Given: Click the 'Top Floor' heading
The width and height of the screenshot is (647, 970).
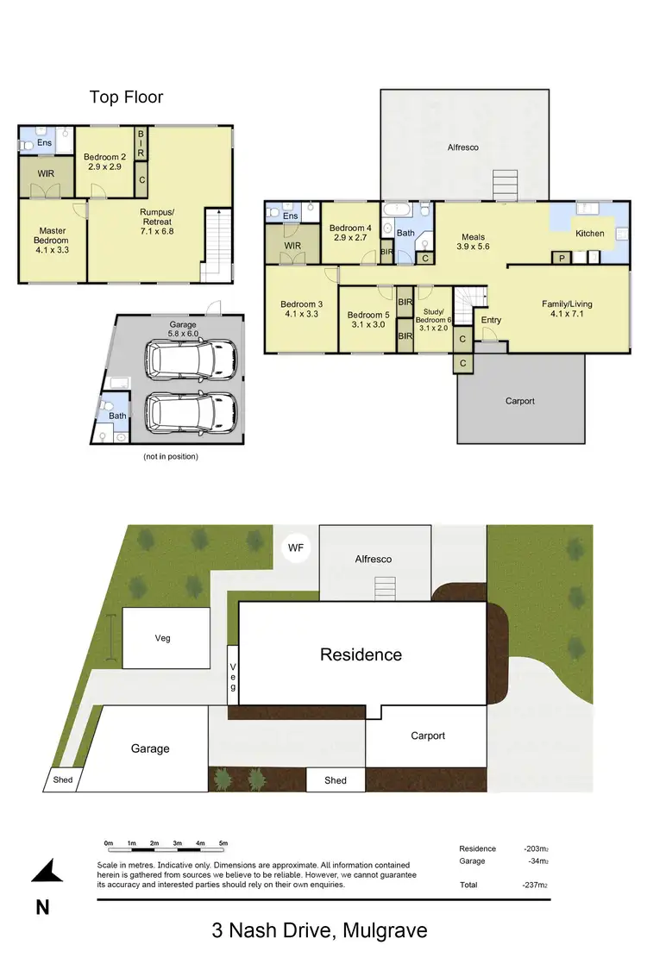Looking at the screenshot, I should coord(126,97).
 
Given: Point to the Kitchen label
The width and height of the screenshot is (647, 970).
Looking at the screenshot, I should coord(590,234).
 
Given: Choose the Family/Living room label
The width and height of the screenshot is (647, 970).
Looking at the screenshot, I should coord(567,309).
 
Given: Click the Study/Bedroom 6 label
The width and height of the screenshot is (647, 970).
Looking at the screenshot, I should coord(434,320).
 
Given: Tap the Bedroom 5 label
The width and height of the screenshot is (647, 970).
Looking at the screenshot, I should coord(368,320).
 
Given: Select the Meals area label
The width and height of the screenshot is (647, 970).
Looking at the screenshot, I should coord(473,242).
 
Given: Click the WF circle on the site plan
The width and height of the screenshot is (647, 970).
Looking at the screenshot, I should coord(296,548).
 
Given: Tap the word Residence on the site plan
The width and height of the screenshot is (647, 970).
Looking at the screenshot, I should coord(361,654).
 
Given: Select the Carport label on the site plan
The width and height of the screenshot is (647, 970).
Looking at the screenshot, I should coord(428,735).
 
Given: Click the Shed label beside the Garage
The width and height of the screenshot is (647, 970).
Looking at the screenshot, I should coord(64,780).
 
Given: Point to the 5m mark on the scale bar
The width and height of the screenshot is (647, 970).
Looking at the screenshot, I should coord(223,842).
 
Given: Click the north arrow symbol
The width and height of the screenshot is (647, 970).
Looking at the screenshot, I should coord(47,872).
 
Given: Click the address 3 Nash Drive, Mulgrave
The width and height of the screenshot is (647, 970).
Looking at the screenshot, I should coord(319,931).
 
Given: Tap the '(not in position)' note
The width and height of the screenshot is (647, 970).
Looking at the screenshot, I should coord(170,456).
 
